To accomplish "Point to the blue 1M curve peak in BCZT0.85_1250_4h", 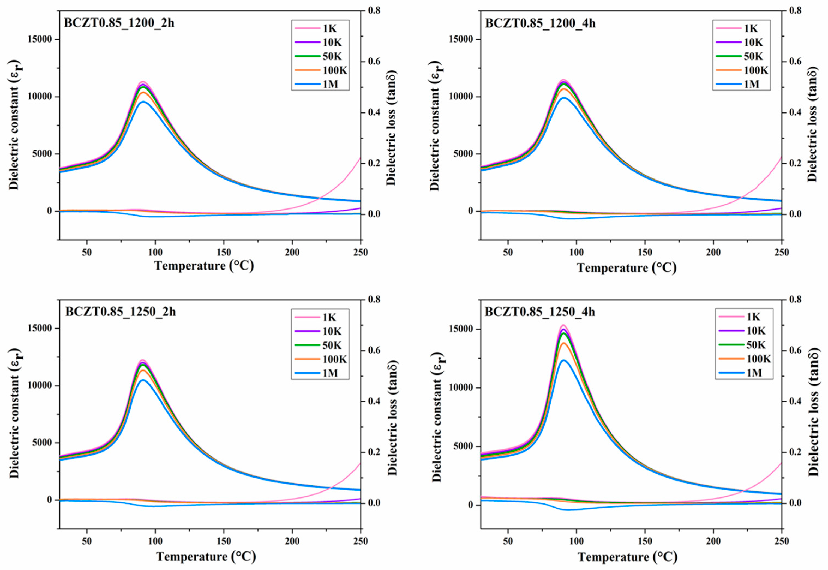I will click(564, 360).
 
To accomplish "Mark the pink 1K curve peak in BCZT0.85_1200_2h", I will click(143, 82).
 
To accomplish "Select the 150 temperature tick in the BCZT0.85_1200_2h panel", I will click(224, 252).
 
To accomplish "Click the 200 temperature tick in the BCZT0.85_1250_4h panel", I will click(713, 541).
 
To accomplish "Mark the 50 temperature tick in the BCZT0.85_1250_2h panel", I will click(87, 541).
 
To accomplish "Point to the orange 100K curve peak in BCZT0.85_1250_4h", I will click(564, 343).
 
